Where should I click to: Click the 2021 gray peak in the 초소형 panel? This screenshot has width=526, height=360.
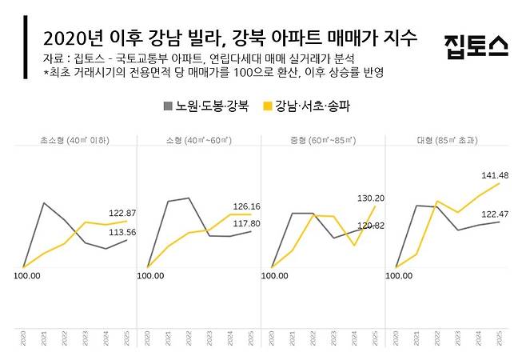[x=44, y=203]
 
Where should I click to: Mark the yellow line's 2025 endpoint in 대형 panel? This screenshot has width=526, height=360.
[x=500, y=183]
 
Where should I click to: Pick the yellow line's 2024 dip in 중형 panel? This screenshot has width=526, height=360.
[x=354, y=245]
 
